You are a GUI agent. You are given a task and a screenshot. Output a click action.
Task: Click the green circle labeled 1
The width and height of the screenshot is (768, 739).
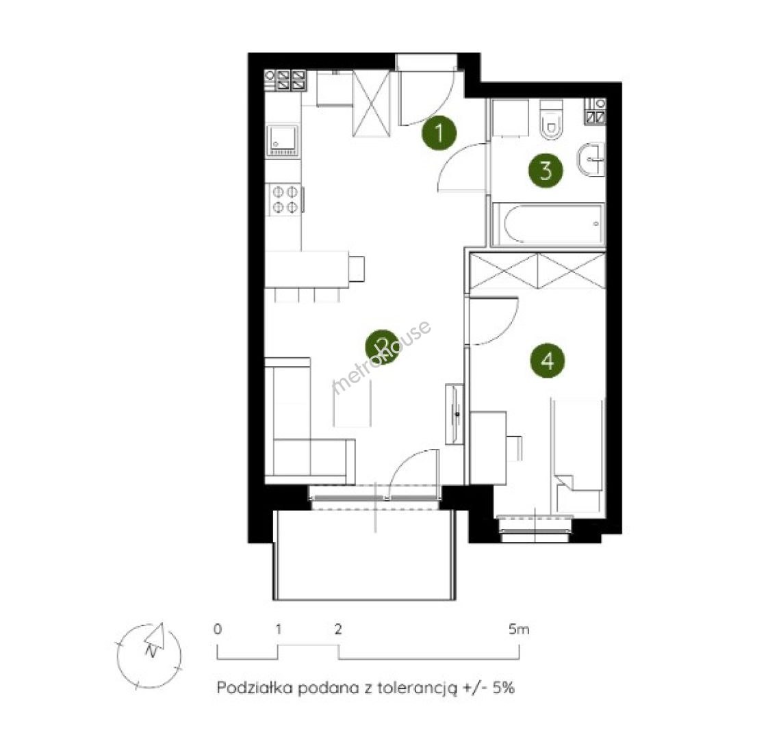coord(439,132)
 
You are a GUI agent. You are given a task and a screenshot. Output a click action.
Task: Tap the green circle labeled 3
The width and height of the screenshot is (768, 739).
coord(545,170)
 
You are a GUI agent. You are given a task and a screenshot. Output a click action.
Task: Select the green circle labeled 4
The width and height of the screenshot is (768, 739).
coord(547,361)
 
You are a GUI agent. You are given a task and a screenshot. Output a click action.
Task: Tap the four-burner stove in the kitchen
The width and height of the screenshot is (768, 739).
coord(285,199)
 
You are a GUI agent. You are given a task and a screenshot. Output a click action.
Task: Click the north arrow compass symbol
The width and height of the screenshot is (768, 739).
coord(149,656)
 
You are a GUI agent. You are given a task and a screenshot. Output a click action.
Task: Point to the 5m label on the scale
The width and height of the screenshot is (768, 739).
coord(519,630)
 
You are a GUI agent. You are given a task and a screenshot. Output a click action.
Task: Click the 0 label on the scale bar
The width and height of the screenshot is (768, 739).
coord(218,630)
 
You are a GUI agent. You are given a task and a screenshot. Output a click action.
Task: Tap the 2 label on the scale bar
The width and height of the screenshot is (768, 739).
coord(337,630)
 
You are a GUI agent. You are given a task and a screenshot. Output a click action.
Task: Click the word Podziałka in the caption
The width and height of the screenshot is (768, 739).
coord(255,688)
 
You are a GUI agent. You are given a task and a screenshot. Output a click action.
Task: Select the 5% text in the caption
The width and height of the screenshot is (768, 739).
coord(504,688)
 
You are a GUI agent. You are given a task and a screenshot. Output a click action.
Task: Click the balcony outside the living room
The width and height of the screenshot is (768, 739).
coord(365,555)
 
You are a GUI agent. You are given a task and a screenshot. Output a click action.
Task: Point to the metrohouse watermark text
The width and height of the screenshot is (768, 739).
coord(381,356)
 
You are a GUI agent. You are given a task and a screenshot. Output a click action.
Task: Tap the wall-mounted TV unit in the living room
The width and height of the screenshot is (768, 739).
coord(454,414)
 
